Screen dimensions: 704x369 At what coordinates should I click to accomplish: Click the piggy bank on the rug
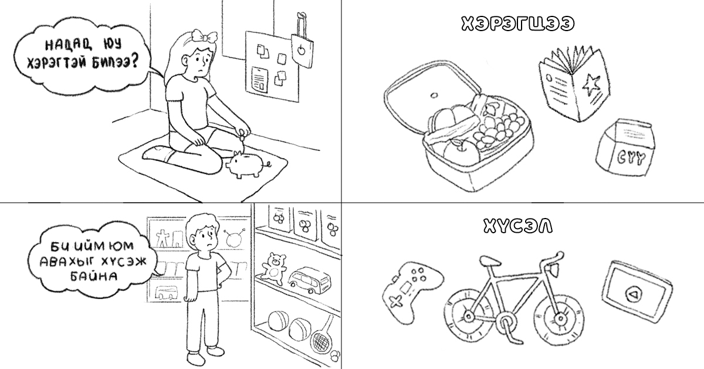click(x=247, y=165)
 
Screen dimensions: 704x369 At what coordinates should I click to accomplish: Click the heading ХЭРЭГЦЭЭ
click(x=517, y=24)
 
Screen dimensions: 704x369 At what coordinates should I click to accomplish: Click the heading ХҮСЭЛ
click(x=517, y=226)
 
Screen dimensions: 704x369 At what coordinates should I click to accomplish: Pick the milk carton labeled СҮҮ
click(x=625, y=147)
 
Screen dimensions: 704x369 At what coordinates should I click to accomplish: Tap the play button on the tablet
click(x=634, y=294)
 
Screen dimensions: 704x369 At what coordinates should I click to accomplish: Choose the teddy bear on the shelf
click(x=274, y=269)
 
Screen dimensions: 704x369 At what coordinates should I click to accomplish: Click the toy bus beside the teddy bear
click(x=309, y=281)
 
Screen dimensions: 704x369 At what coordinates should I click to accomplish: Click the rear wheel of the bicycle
click(x=468, y=316)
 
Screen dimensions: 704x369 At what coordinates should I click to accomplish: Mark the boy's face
click(x=206, y=236)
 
